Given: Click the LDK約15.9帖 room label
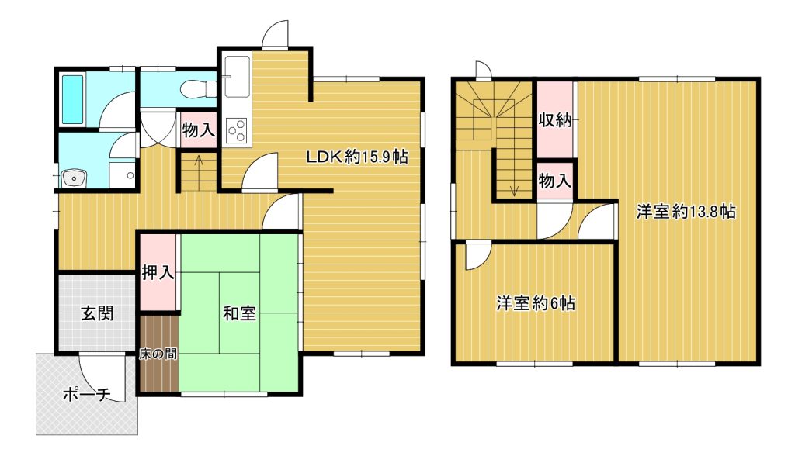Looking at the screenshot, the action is pyautogui.click(x=357, y=157).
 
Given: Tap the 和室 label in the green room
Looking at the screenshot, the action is pyautogui.click(x=239, y=313).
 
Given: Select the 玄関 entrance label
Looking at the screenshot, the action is pyautogui.click(x=97, y=313).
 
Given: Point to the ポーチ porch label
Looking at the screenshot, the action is pyautogui.click(x=87, y=394).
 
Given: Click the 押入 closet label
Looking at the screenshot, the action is pyautogui.click(x=158, y=272).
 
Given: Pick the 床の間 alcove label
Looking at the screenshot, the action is pyautogui.click(x=158, y=354).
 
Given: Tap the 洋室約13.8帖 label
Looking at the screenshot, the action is pyautogui.click(x=686, y=211).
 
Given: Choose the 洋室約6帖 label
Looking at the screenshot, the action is pyautogui.click(x=536, y=303).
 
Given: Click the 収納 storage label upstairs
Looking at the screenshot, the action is pyautogui.click(x=554, y=120).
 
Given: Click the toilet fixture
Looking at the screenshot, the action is pyautogui.click(x=198, y=88).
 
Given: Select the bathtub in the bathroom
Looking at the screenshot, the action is pyautogui.click(x=72, y=100).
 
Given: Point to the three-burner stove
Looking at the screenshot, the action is pyautogui.click(x=237, y=131).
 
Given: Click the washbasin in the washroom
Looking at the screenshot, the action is pyautogui.click(x=74, y=178).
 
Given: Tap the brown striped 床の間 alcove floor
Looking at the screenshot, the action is pyautogui.click(x=158, y=353).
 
